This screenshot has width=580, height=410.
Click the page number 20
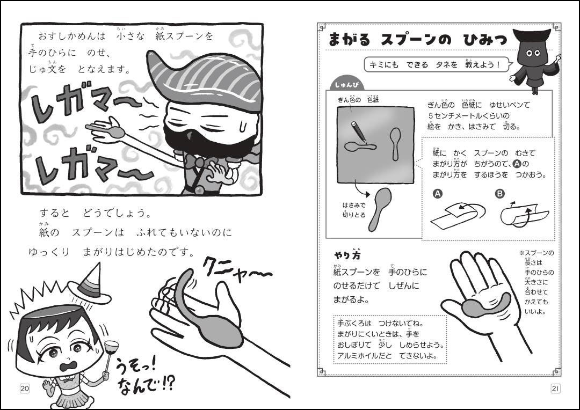click(x=25, y=389)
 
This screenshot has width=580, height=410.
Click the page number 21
click(x=555, y=389)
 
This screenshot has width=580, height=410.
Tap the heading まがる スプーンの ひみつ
click(x=418, y=40)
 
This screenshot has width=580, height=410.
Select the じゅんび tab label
click(x=347, y=85)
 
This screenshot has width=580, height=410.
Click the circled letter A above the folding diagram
click(x=438, y=193)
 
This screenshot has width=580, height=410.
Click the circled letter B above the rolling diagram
click(x=500, y=193)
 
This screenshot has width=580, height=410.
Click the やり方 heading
click(x=347, y=255)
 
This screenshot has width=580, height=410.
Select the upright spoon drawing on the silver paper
click(x=395, y=144)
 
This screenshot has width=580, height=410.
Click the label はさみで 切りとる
click(x=353, y=210)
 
